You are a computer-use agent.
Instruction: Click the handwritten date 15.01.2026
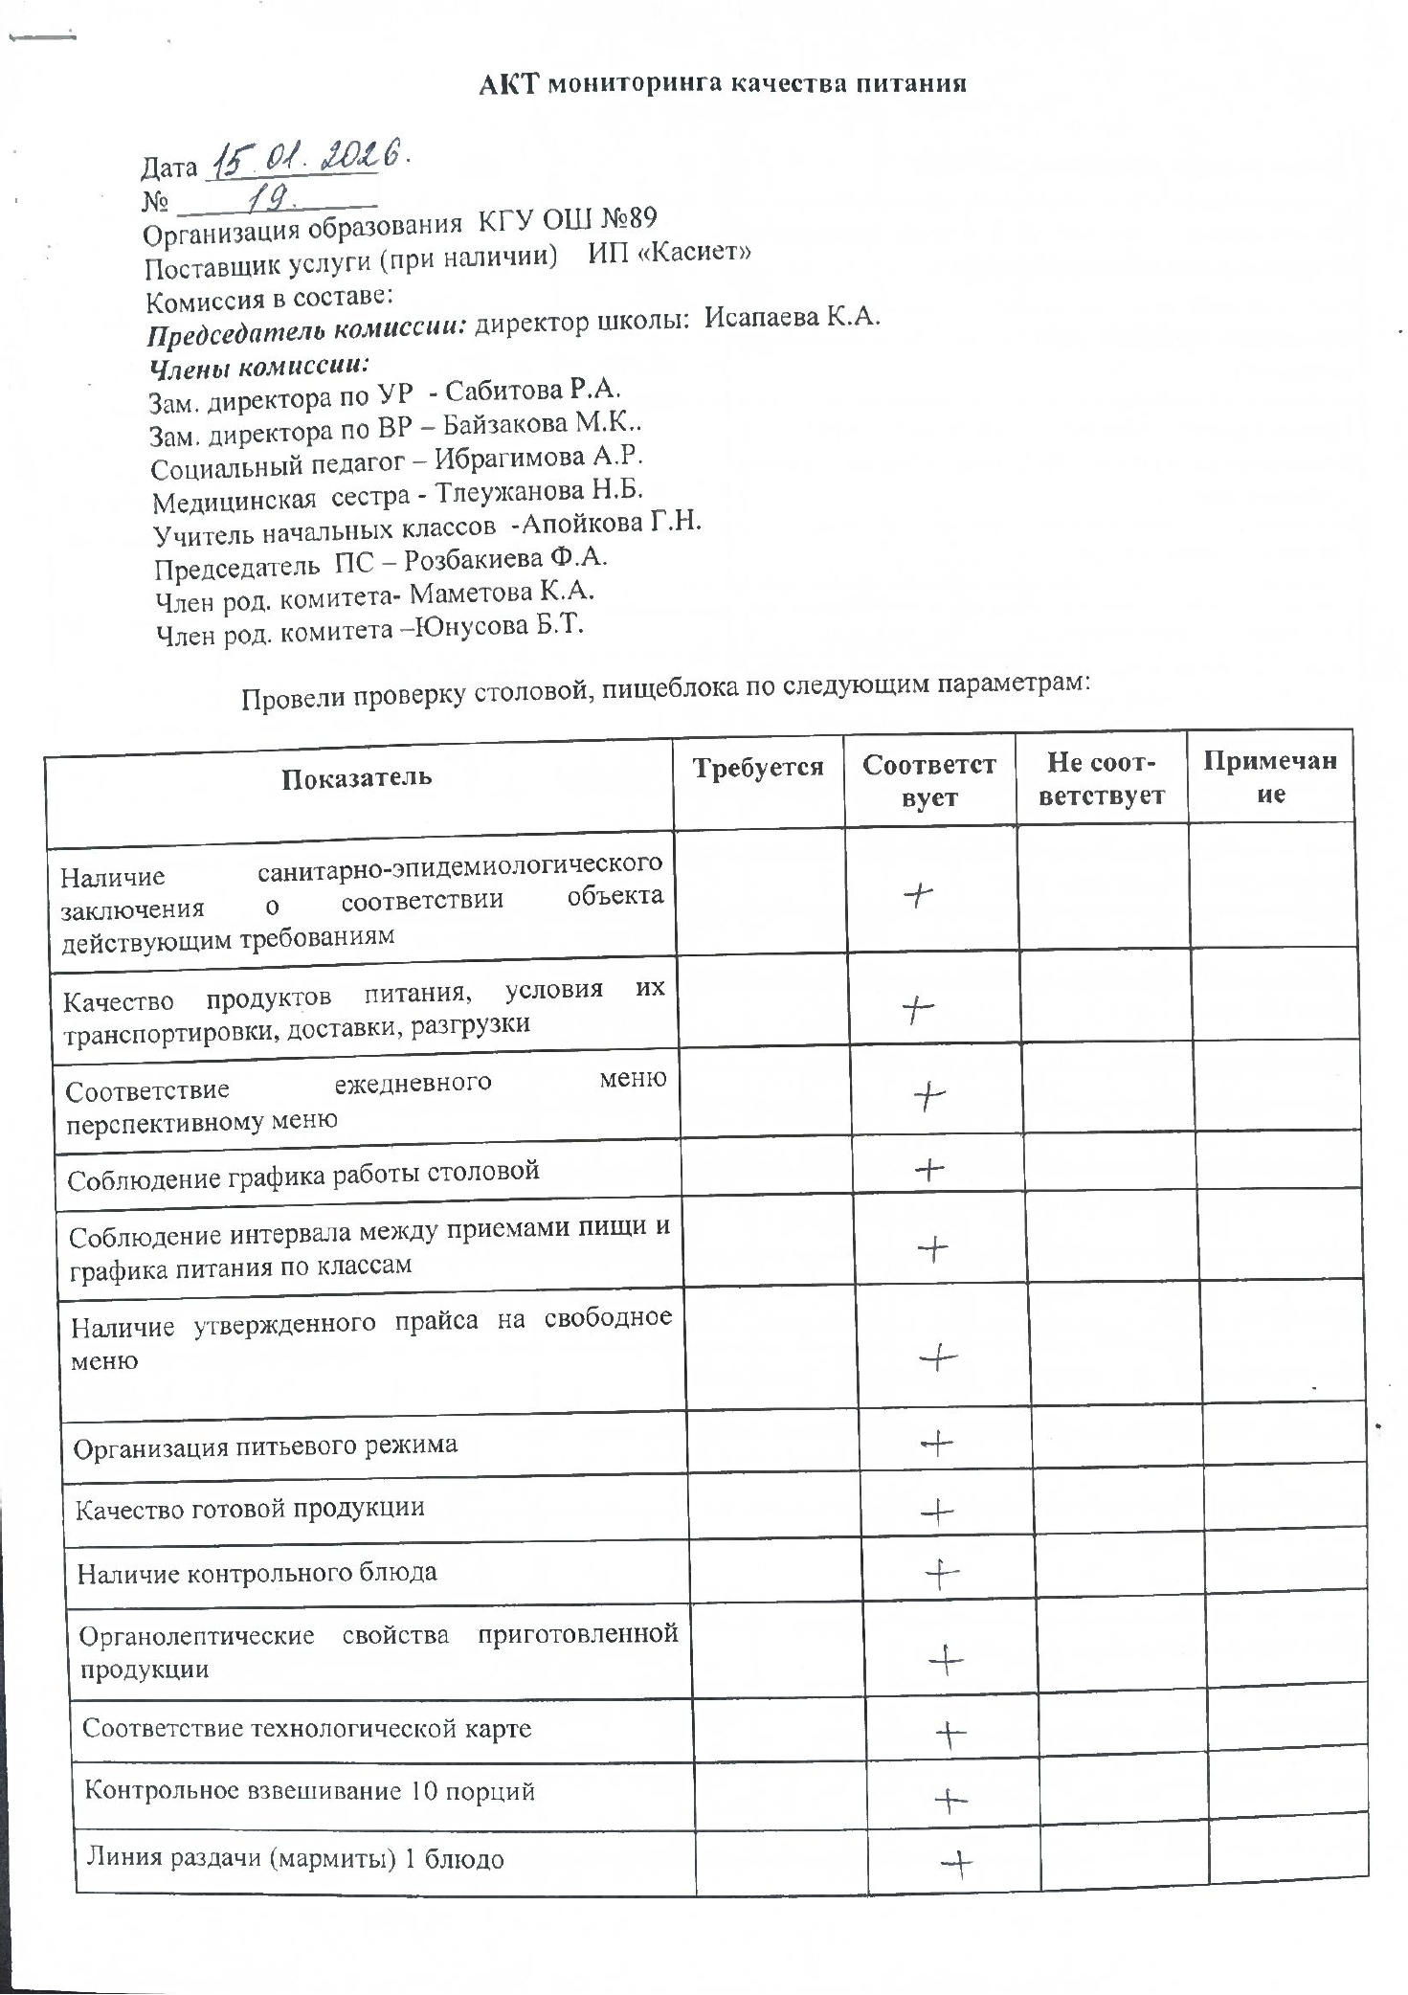[x=308, y=158]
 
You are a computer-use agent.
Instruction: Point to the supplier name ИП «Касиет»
[x=669, y=253]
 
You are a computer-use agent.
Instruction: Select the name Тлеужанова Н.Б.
[x=539, y=492]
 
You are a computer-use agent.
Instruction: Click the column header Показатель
[x=357, y=776]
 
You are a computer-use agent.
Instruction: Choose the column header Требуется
[x=757, y=768]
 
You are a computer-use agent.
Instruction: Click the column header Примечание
[x=1269, y=776]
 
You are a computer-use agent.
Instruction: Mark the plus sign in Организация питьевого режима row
[x=936, y=1443]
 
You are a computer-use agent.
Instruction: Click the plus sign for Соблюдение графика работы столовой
[x=929, y=1169]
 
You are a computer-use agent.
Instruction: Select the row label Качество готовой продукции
[x=250, y=1508]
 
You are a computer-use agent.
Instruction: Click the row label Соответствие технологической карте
[x=306, y=1728]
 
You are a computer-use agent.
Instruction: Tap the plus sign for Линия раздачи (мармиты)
[x=956, y=1862]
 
